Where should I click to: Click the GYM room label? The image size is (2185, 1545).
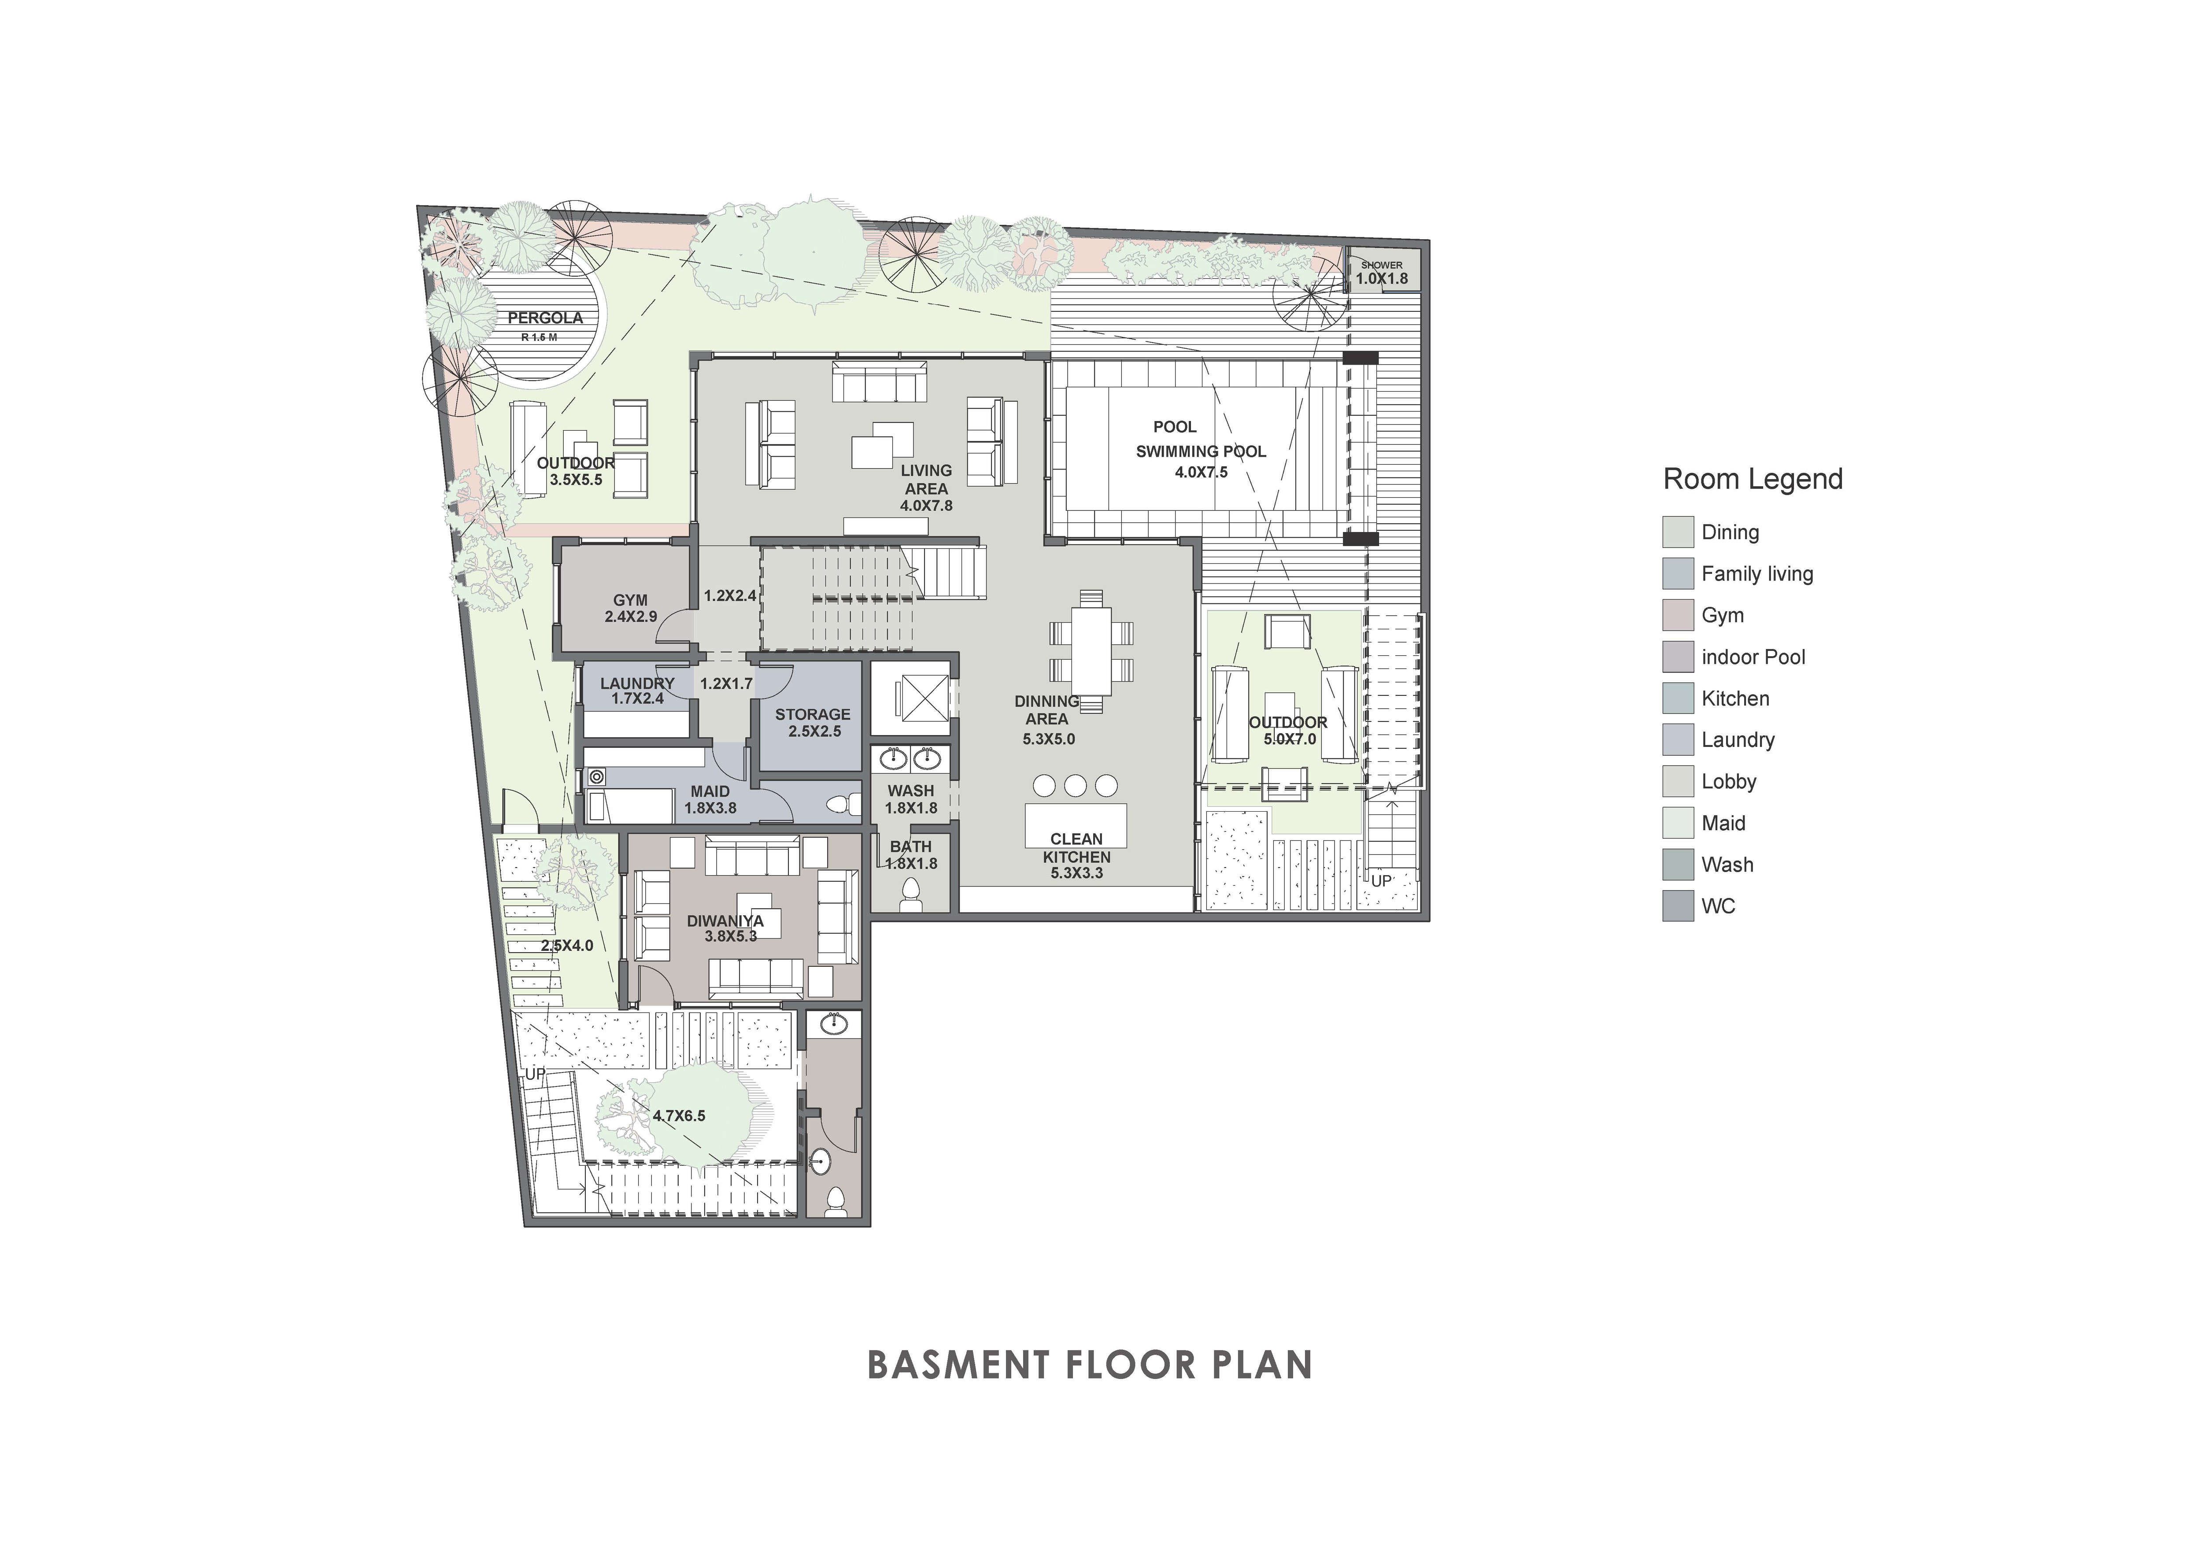630,600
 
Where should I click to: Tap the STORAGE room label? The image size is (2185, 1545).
813,714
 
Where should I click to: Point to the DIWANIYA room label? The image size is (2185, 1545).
725,921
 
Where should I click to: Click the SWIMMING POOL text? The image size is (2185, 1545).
1201,452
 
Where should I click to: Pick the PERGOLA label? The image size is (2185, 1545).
545,318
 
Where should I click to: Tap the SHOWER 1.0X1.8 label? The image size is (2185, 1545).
1382,273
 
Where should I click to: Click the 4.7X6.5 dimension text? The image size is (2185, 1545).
680,1116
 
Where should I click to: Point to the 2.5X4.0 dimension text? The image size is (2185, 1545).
567,946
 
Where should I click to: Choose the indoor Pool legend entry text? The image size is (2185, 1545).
1753,658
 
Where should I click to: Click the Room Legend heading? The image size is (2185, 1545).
1753,479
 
